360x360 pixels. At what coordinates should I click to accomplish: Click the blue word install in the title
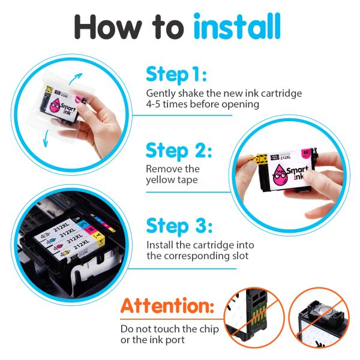pos(237,26)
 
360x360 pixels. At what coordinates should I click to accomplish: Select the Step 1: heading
pos(176,74)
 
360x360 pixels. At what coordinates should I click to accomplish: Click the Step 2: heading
pos(179,150)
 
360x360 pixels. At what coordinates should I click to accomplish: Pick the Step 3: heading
pos(179,226)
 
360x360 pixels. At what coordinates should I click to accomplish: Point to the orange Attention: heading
pos(167,305)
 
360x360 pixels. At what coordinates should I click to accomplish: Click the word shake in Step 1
pos(191,93)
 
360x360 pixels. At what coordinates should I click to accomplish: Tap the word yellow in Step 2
pos(160,180)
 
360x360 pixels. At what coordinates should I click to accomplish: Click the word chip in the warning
pos(209,329)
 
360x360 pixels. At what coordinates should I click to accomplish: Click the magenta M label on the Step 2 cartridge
pos(305,154)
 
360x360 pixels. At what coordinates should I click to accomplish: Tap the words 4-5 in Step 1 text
pos(153,104)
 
